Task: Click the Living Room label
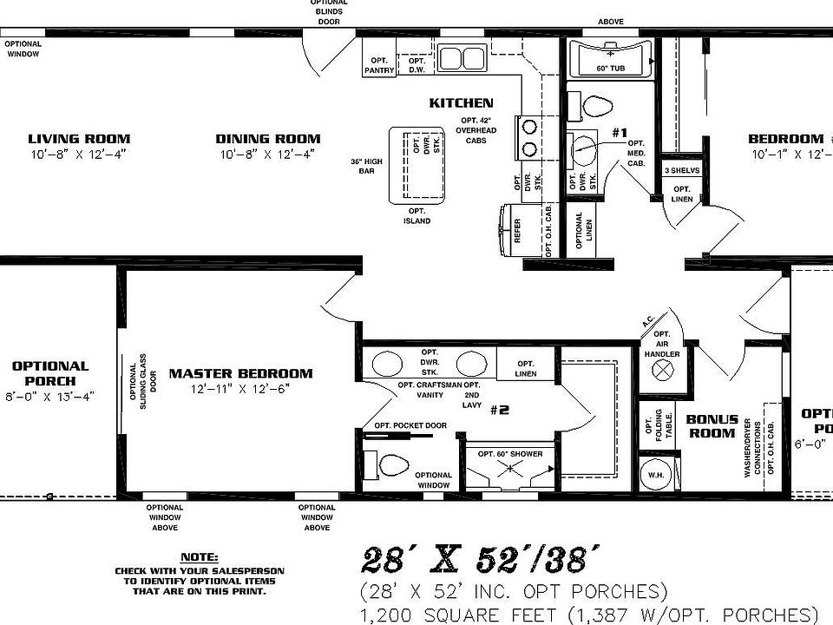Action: pyautogui.click(x=79, y=139)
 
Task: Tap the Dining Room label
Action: pyautogui.click(x=267, y=139)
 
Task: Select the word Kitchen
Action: pyautogui.click(x=461, y=103)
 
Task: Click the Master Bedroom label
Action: pyautogui.click(x=240, y=374)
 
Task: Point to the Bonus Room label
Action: pyautogui.click(x=712, y=426)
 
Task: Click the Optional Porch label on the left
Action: pyautogui.click(x=50, y=373)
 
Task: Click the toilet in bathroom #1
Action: pyautogui.click(x=598, y=106)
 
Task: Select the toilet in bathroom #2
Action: pyautogui.click(x=393, y=465)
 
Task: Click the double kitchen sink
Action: pyautogui.click(x=462, y=58)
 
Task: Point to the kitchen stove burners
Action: pyautogui.click(x=528, y=137)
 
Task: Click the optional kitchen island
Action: pyautogui.click(x=417, y=164)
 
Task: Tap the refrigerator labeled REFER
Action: pyautogui.click(x=509, y=229)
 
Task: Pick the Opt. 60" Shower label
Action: pyautogui.click(x=510, y=454)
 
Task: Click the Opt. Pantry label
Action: pyautogui.click(x=378, y=65)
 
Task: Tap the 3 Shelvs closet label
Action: pyautogui.click(x=682, y=170)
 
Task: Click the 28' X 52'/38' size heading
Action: pyautogui.click(x=479, y=557)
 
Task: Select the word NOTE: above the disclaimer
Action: pyautogui.click(x=199, y=556)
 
